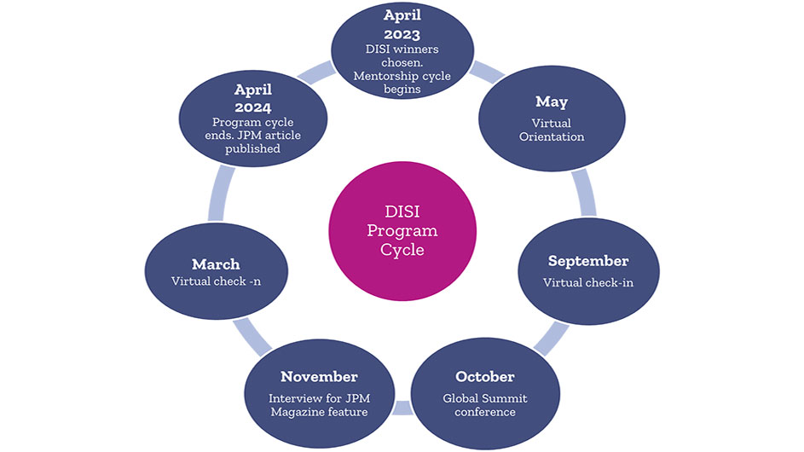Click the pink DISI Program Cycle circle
click(402, 231)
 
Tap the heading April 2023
click(402, 25)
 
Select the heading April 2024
click(252, 99)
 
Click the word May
click(552, 102)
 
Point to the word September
click(588, 261)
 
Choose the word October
click(484, 377)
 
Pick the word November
click(319, 377)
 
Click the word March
click(216, 264)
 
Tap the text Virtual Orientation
click(552, 130)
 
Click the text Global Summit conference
click(484, 405)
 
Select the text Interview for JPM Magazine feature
click(319, 405)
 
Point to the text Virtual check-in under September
click(588, 282)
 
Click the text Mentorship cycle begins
click(402, 82)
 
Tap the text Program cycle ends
click(252, 129)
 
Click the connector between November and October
click(403, 408)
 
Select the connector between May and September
click(584, 194)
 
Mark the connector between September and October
click(552, 338)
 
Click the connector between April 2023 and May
click(486, 72)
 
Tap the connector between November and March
click(252, 337)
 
